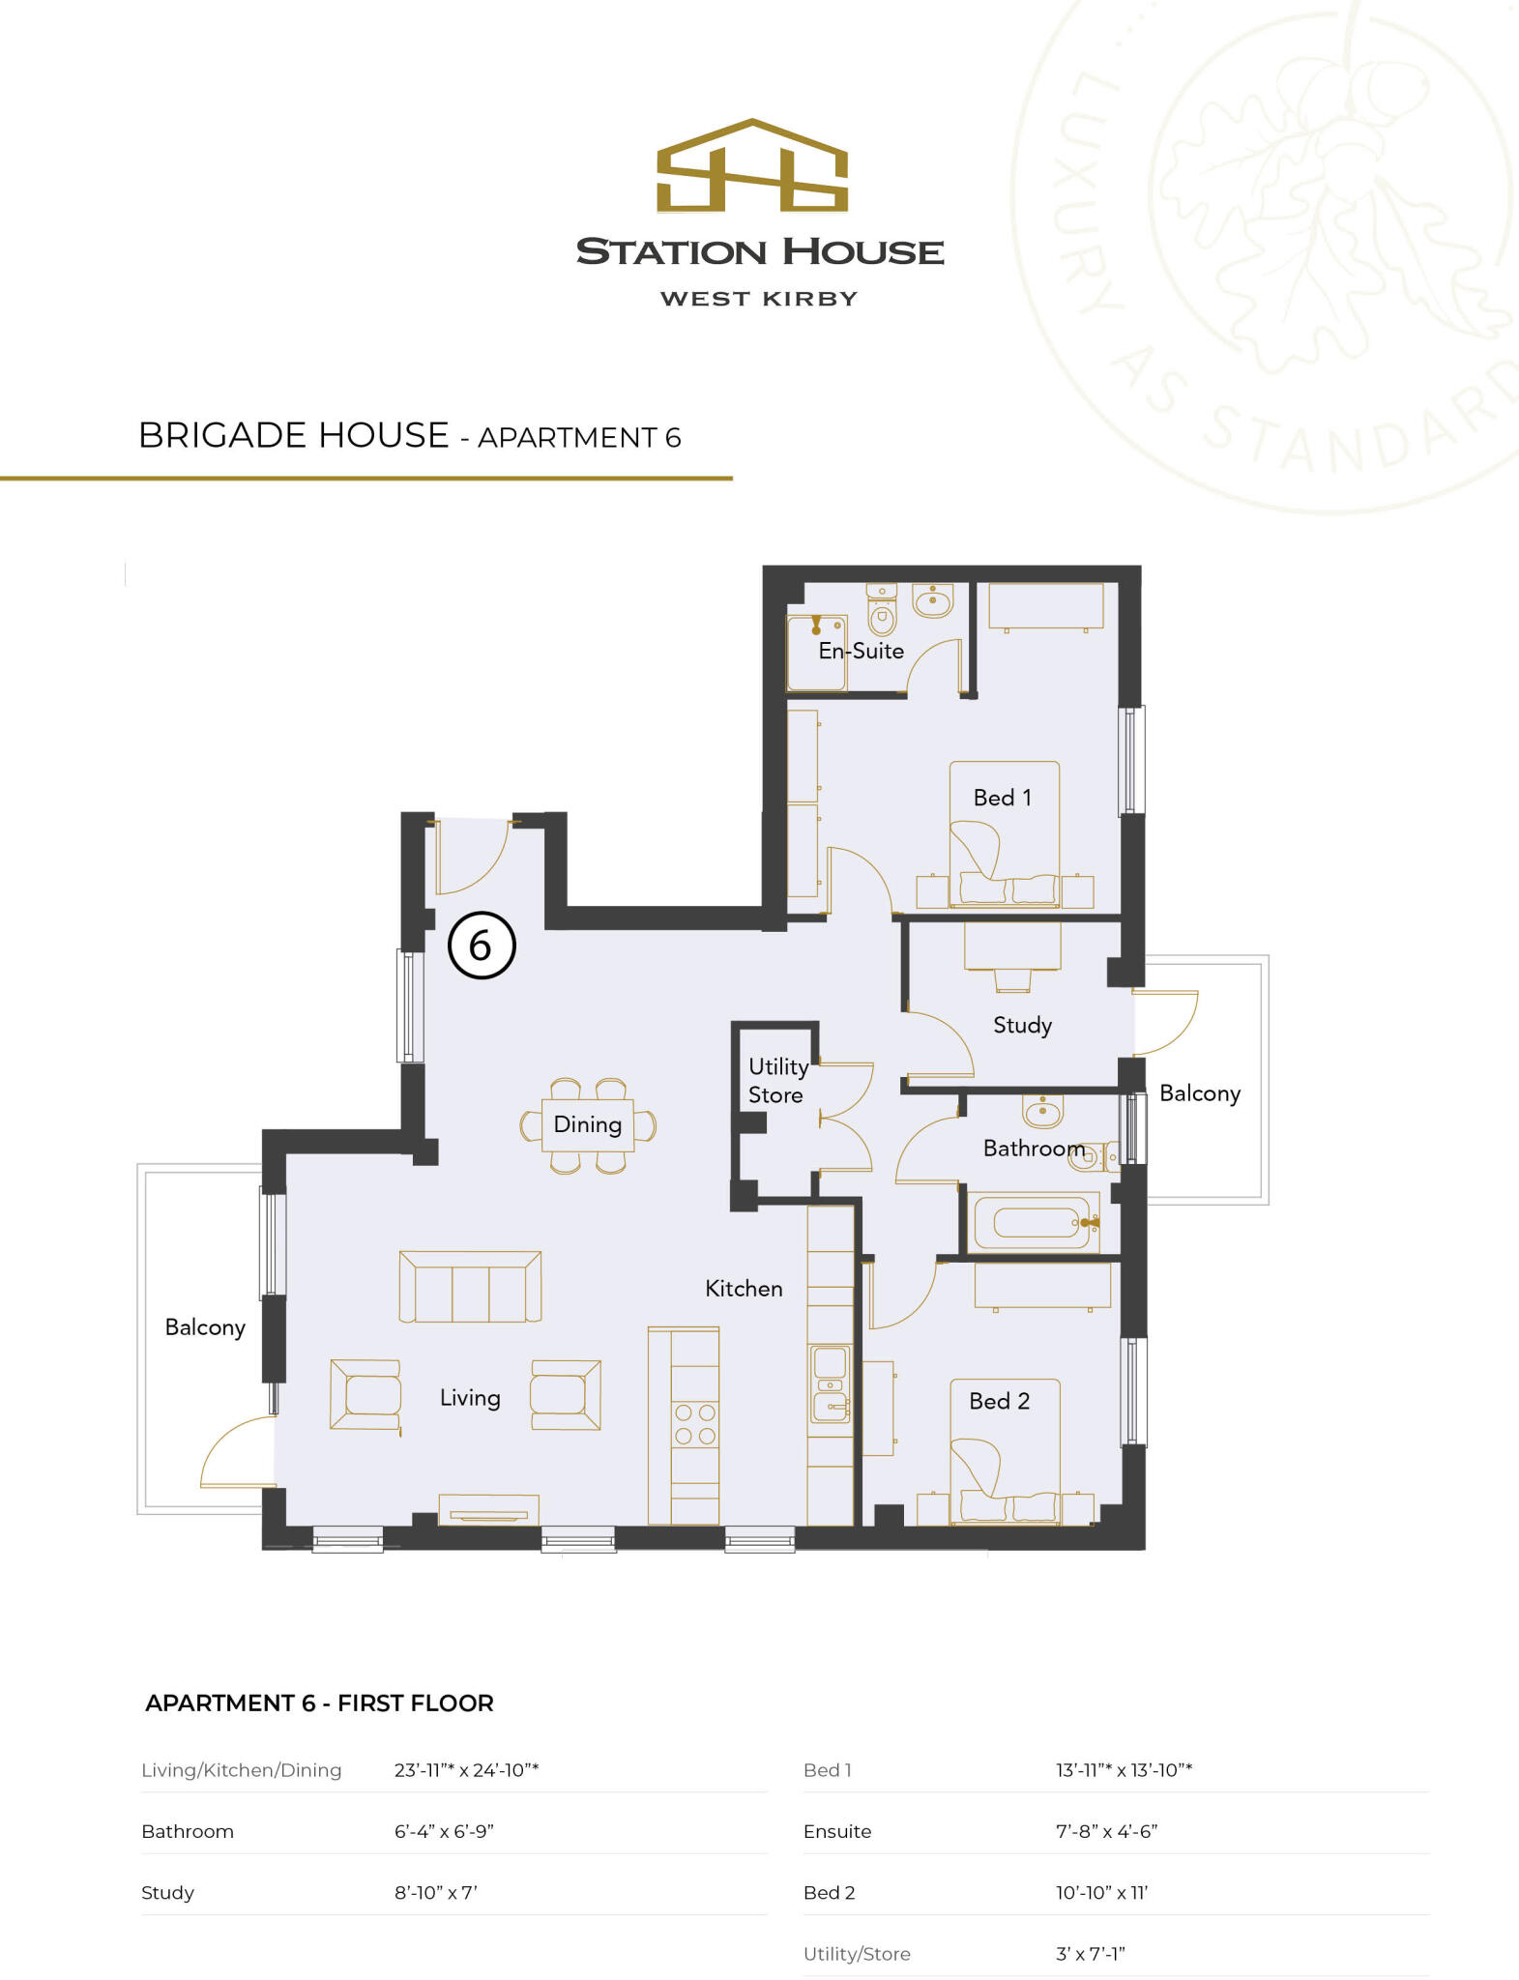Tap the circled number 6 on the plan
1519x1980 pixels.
(x=482, y=946)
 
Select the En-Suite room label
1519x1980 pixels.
(x=861, y=651)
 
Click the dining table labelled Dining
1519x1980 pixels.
(x=587, y=1124)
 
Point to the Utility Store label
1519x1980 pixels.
(x=776, y=1081)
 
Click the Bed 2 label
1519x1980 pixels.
(x=999, y=1401)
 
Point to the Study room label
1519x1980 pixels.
(x=1022, y=1025)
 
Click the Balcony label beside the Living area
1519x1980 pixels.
(x=205, y=1327)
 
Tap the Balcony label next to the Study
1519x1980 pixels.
(x=1199, y=1093)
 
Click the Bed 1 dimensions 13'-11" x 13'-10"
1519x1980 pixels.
(x=1124, y=1770)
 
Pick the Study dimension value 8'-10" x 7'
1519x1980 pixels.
(x=435, y=1893)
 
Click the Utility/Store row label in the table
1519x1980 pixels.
(x=857, y=1954)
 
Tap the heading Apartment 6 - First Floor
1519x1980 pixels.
(x=319, y=1703)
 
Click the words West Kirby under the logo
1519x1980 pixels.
(x=759, y=299)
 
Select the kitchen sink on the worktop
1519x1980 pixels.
(x=831, y=1384)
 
